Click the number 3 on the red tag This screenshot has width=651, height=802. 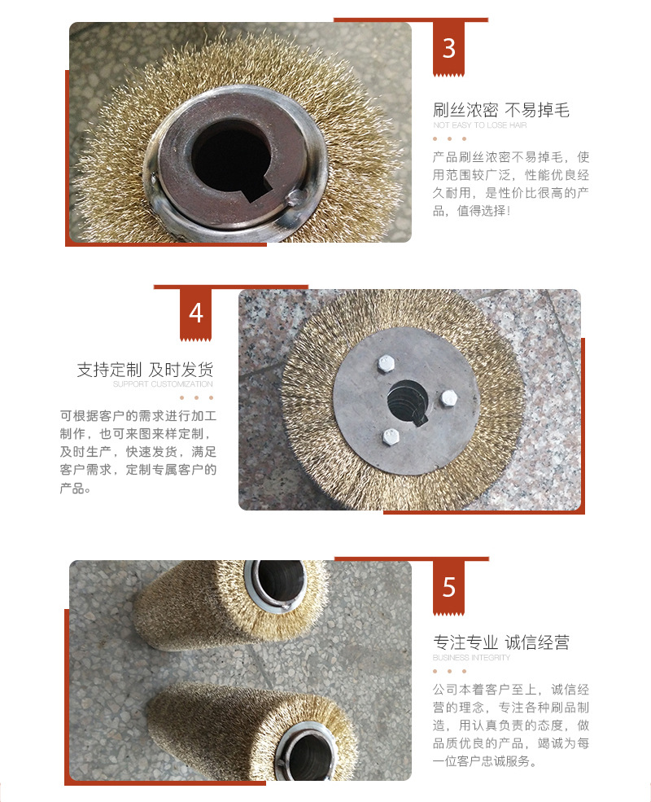(x=448, y=49)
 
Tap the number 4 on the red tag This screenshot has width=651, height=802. (x=196, y=313)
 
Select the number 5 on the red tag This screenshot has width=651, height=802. (x=448, y=587)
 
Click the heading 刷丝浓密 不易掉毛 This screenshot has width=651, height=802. (x=500, y=110)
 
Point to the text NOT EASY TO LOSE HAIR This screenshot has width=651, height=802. (x=480, y=125)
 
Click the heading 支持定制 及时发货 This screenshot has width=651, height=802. (x=145, y=370)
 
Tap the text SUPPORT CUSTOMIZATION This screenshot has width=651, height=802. (x=163, y=384)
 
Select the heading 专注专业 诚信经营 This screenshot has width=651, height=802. (x=500, y=642)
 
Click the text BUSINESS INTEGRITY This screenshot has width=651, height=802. (x=471, y=657)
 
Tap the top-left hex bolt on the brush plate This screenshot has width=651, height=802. (x=385, y=364)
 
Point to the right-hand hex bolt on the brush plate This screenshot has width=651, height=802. (x=448, y=398)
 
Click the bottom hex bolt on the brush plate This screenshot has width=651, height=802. (x=391, y=436)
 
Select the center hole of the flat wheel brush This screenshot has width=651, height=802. (x=408, y=402)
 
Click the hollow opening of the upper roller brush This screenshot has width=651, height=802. (x=280, y=581)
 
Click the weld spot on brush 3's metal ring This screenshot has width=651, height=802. (x=296, y=197)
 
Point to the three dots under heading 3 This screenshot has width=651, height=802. (x=450, y=138)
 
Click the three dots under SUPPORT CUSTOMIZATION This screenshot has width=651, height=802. (x=196, y=397)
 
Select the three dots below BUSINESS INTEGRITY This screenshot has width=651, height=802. (x=450, y=671)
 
